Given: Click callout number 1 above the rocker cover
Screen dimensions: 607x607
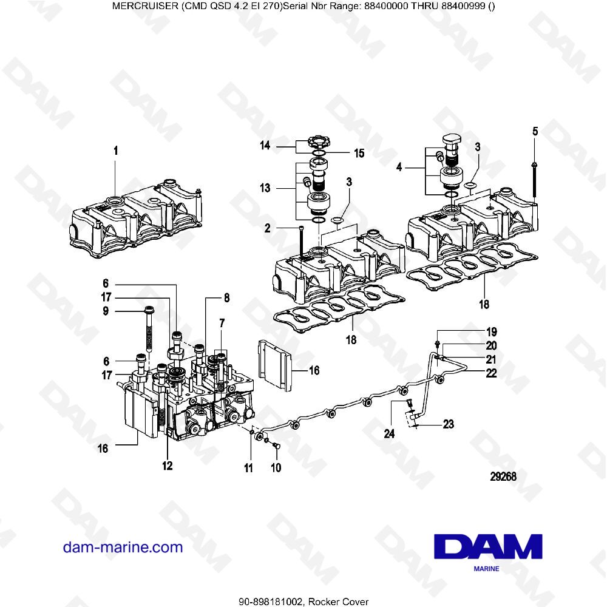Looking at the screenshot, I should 116,150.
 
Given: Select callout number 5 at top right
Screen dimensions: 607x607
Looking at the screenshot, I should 535,131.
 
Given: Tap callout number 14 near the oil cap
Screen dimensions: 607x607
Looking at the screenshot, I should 265,146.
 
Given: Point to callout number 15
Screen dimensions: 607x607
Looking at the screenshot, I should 359,153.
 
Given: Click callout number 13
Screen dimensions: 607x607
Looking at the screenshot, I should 265,189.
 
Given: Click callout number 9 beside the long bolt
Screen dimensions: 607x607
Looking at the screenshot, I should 105,311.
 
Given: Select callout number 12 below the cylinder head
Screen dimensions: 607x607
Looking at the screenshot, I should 167,466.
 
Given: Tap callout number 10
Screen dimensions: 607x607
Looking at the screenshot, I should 276,468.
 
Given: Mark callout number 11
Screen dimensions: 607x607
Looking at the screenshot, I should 248,467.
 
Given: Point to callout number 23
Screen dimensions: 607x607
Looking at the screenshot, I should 448,424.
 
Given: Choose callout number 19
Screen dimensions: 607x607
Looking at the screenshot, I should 492,332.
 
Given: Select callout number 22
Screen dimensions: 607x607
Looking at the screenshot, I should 492,373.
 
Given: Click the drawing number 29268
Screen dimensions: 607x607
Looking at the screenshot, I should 503,476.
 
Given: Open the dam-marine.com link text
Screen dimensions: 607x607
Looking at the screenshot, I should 123,547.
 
